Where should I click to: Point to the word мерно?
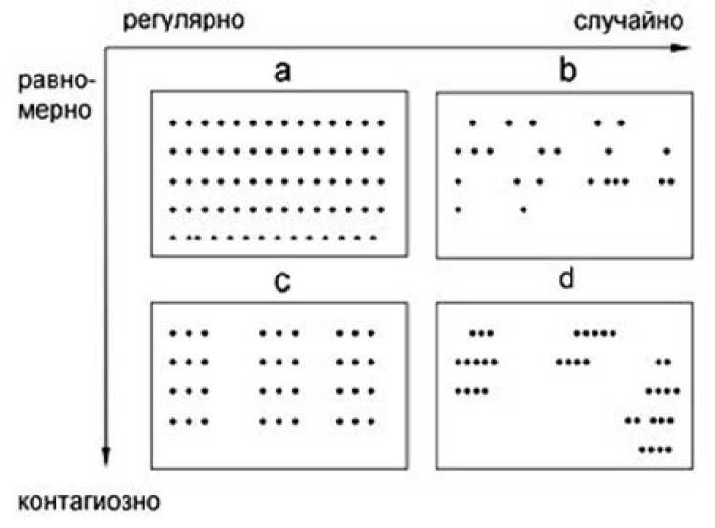[x=54, y=110]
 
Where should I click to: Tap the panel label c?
[x=280, y=284]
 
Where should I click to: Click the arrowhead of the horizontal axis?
[x=681, y=46]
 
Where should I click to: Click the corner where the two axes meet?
[x=106, y=46]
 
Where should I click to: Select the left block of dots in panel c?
[x=189, y=377]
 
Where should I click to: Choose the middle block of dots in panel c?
[x=279, y=377]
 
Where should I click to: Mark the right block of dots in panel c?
[x=354, y=377]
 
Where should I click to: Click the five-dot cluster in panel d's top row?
[x=594, y=333]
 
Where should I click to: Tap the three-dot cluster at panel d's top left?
[x=481, y=333]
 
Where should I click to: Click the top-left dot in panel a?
[x=172, y=122]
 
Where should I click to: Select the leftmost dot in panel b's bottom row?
[x=459, y=209]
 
